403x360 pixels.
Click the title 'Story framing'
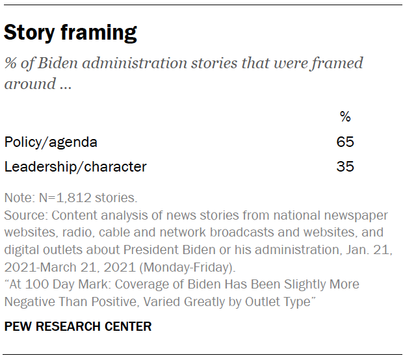click(x=70, y=32)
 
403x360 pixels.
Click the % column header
click(x=345, y=117)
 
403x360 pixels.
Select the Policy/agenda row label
click(x=51, y=142)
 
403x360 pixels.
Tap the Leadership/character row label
click(x=75, y=166)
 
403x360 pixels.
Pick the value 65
click(x=345, y=142)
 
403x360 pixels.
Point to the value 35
click(x=345, y=166)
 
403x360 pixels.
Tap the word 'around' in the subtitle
click(x=28, y=84)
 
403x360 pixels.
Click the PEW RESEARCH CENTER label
click(x=78, y=326)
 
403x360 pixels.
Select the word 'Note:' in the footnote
click(x=18, y=198)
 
